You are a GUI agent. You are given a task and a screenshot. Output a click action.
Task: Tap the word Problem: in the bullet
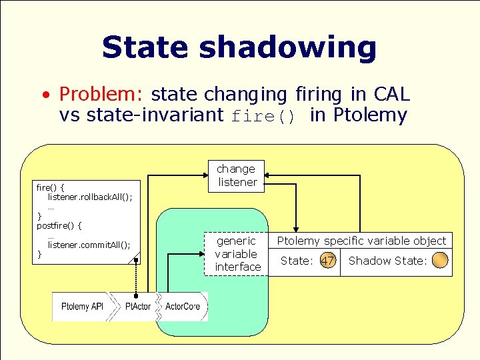(102, 94)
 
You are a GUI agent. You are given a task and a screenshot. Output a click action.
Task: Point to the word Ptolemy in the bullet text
(369, 115)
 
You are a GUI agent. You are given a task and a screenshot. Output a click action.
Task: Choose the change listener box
(237, 175)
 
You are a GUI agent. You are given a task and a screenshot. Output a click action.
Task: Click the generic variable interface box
(237, 254)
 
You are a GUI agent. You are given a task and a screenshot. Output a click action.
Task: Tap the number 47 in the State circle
(327, 261)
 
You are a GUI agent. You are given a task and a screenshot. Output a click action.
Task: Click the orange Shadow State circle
(440, 261)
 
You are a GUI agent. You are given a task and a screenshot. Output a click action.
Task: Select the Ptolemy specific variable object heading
(361, 241)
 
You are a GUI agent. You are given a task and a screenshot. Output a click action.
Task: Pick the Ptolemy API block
(82, 307)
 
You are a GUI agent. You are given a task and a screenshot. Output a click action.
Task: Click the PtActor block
(138, 307)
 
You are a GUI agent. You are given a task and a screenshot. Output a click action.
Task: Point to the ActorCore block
(182, 307)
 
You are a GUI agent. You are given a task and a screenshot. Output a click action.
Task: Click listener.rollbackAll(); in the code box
(90, 197)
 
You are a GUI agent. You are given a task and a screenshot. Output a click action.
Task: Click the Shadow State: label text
(387, 261)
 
